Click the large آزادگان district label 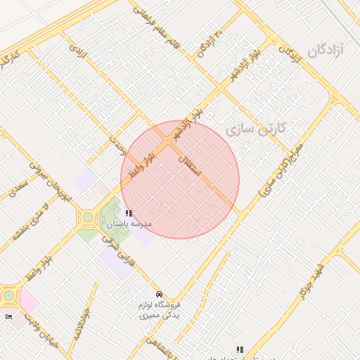[x=328, y=51]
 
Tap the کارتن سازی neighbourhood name [x=257, y=130]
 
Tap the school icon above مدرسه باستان [x=128, y=213]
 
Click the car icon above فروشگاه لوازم [x=160, y=294]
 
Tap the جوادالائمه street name [x=79, y=324]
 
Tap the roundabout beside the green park [x=87, y=219]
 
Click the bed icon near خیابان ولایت [x=8, y=317]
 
